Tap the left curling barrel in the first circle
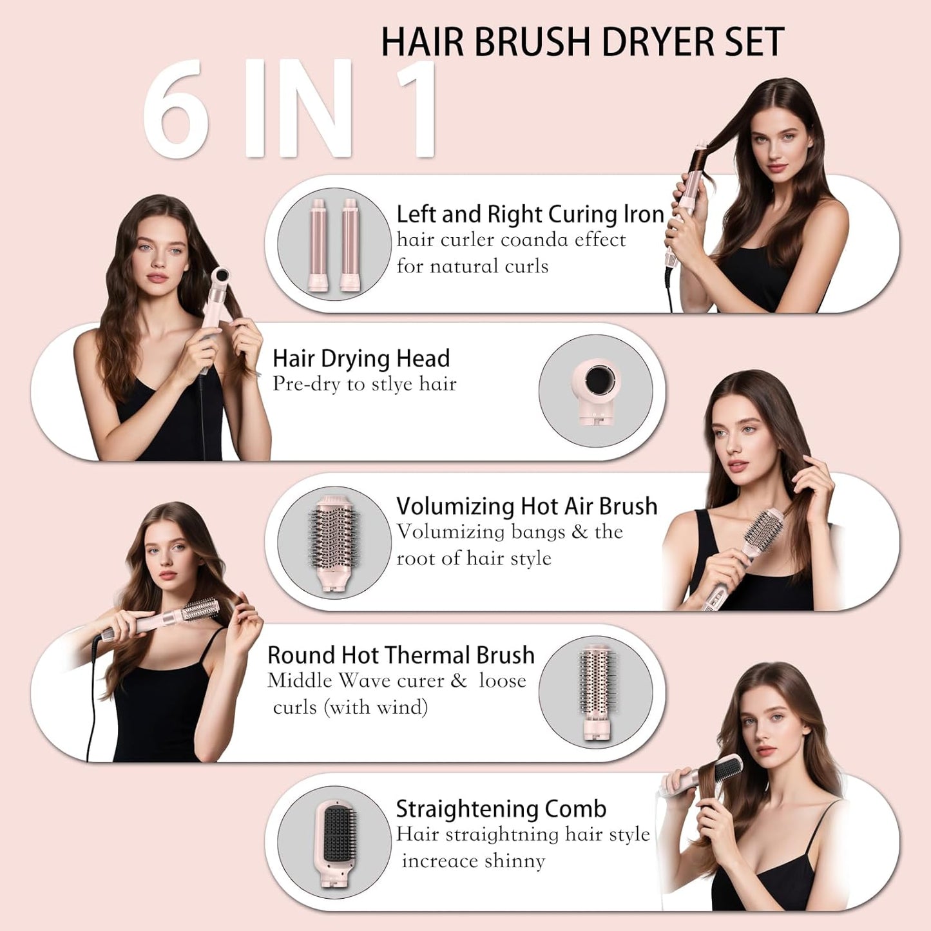click(x=318, y=245)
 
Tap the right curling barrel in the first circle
click(x=350, y=245)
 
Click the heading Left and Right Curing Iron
click(x=530, y=214)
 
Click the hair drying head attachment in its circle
click(x=596, y=390)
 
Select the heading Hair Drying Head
click(x=361, y=358)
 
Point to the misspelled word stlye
click(x=392, y=384)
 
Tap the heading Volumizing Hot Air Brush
click(x=526, y=506)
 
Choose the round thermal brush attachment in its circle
click(x=596, y=692)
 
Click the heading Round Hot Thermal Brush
click(x=401, y=655)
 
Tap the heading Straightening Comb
click(x=501, y=809)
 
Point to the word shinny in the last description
click(x=515, y=861)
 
